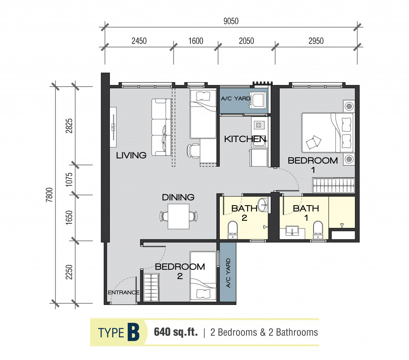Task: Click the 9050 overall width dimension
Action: click(231, 21)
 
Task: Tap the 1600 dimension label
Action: click(196, 41)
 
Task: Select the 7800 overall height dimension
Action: click(49, 195)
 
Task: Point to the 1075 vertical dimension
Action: click(69, 179)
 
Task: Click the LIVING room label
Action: click(131, 155)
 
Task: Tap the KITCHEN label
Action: click(245, 139)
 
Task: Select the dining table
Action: click(179, 216)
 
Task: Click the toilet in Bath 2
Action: click(232, 230)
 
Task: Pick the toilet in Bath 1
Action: click(318, 230)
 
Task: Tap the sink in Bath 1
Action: click(292, 231)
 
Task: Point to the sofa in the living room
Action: click(161, 127)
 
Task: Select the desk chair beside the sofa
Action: click(193, 151)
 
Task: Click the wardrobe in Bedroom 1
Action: click(334, 185)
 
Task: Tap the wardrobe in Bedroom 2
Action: click(151, 287)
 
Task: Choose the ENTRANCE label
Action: click(123, 293)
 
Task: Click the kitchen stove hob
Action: click(258, 125)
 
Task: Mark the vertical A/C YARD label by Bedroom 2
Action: click(228, 273)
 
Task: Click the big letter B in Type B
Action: click(133, 332)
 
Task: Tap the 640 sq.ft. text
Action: click(176, 332)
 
